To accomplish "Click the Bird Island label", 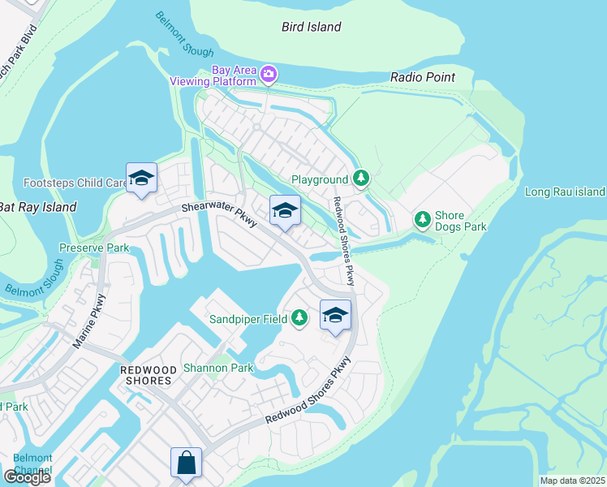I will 311,27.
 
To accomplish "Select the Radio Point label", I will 422,77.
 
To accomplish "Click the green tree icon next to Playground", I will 361,179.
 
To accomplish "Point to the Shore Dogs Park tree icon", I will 422,219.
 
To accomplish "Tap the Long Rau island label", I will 565,192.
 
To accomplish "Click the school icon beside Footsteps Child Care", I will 141,179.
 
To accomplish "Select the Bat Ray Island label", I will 37,207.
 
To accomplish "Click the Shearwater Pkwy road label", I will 219,213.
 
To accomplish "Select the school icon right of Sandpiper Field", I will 334,316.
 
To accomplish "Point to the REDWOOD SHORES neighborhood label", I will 146,375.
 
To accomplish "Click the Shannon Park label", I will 217,368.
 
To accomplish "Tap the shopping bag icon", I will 186,463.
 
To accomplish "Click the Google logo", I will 27,477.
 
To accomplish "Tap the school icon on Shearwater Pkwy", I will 285,211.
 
